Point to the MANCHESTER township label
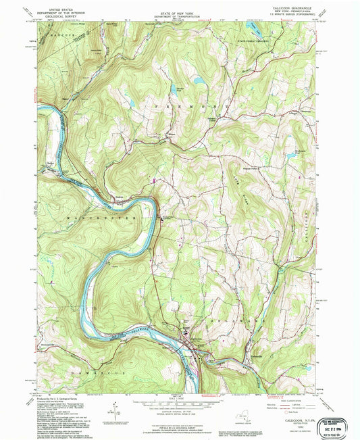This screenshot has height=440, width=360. click(x=101, y=218)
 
